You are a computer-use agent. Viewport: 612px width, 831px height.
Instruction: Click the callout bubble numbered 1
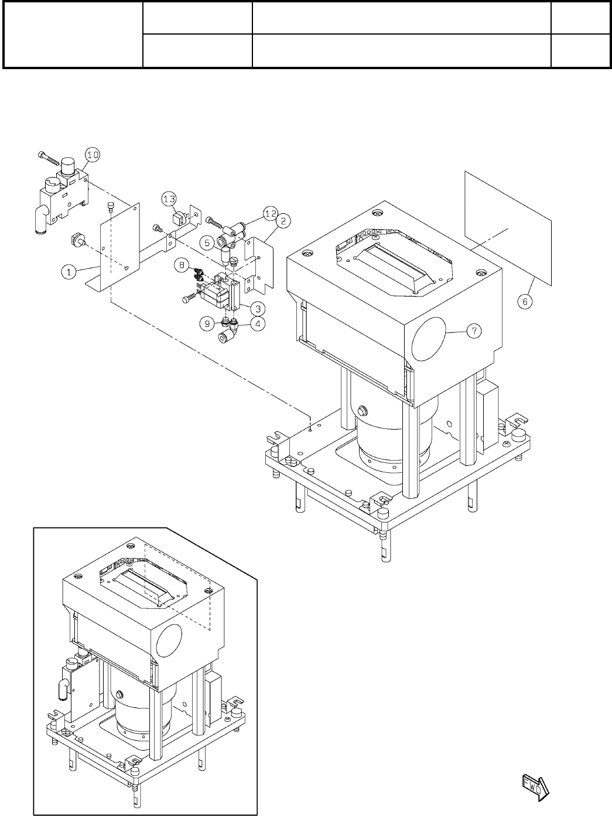69,271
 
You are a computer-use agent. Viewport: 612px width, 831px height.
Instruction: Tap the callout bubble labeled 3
257,308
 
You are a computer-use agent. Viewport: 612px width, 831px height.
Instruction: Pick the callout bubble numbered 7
474,331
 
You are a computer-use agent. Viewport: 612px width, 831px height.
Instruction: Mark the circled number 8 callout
183,265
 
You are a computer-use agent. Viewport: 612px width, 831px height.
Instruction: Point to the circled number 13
169,199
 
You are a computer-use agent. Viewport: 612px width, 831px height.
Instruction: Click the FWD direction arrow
533,785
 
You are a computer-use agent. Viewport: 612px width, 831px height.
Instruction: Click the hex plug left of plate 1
77,240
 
